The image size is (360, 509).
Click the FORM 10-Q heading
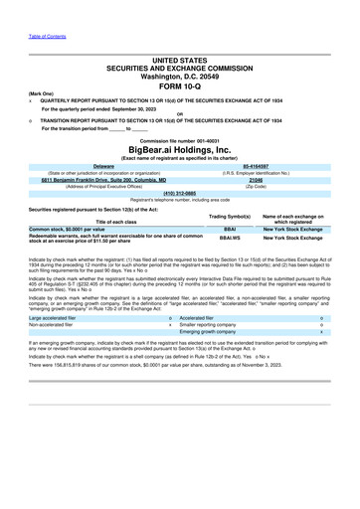pos(180,85)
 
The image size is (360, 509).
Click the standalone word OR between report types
pos(179,113)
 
